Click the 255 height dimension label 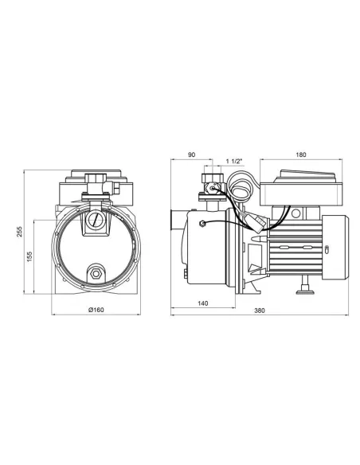tap(19, 232)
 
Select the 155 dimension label tap(29, 256)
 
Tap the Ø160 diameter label tap(96, 310)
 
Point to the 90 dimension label tap(192, 154)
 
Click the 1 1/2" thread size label tap(234, 162)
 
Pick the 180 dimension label tap(301, 154)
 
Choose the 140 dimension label tap(203, 303)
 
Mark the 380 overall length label tap(260, 311)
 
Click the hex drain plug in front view tap(96, 273)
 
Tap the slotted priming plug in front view tap(96, 221)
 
